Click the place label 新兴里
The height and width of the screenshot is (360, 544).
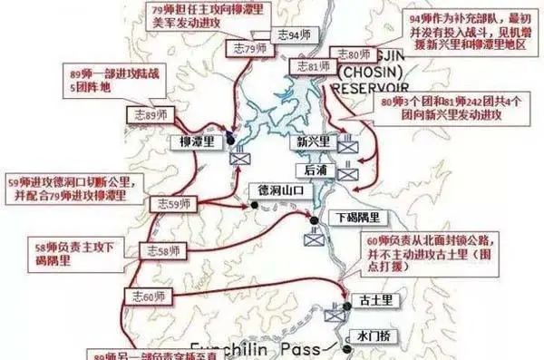click(x=313, y=141)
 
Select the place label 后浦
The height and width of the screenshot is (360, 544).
click(x=316, y=170)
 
